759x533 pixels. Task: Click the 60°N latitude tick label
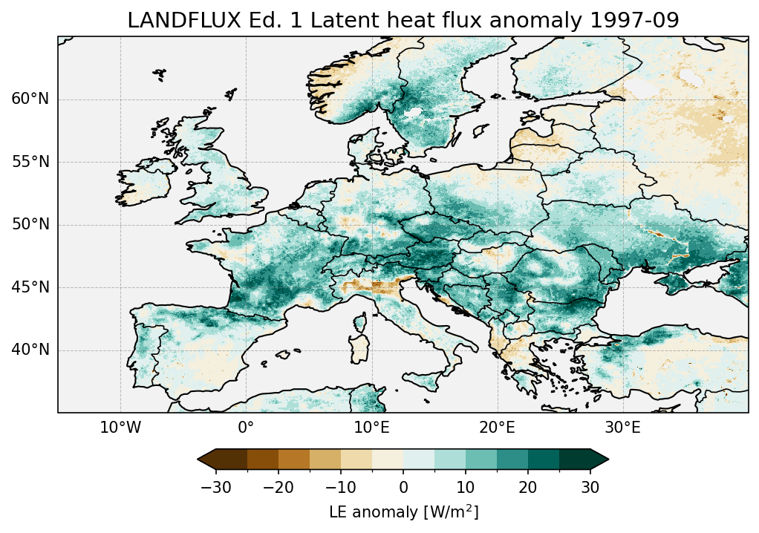coord(30,99)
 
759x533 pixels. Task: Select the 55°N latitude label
coord(30,162)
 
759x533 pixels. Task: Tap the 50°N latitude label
coord(30,225)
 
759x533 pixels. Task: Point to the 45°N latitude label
coord(30,287)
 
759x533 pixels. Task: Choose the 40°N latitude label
coord(30,350)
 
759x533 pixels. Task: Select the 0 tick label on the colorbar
coord(403,487)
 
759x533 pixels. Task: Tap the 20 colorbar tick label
coord(528,487)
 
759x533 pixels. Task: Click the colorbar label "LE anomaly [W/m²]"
coord(403,512)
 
